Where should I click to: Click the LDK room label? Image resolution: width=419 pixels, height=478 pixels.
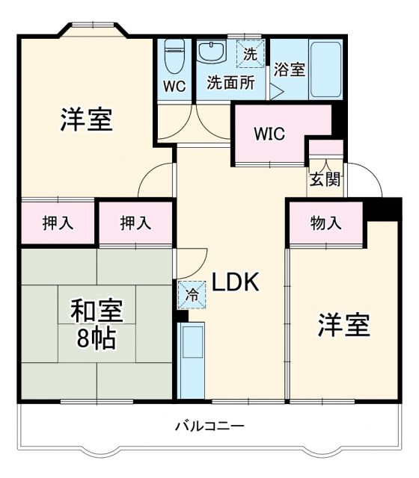tap(234, 282)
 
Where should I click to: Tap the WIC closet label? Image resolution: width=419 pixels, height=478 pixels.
tap(269, 134)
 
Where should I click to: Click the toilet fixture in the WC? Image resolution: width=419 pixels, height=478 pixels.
tap(174, 52)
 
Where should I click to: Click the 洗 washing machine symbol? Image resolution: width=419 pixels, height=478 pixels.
tap(250, 54)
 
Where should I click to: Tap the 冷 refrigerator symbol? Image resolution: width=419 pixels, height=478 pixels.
tap(191, 294)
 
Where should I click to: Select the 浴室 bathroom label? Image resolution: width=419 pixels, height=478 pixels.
tap(290, 71)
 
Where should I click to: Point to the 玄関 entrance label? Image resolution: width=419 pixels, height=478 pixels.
tap(325, 179)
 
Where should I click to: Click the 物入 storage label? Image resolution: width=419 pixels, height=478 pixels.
tap(326, 223)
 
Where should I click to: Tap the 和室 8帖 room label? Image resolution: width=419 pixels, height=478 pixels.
tap(97, 324)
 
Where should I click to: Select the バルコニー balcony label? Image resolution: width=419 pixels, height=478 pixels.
tap(209, 426)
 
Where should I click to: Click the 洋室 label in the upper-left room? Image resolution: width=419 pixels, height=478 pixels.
tap(86, 119)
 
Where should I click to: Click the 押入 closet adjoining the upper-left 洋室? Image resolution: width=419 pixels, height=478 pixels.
tap(57, 222)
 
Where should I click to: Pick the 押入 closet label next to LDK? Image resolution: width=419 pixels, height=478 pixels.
tap(136, 222)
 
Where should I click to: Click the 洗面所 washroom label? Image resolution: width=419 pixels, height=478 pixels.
tap(231, 83)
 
